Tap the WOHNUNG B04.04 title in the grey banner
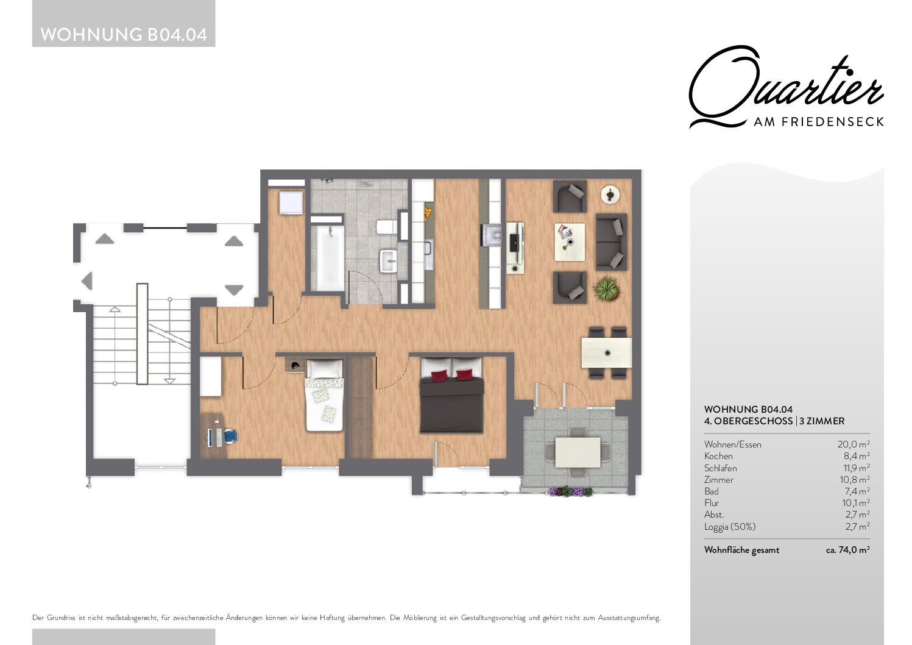click(124, 35)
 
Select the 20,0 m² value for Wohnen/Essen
click(854, 444)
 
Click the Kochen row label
click(718, 457)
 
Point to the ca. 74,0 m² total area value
click(847, 550)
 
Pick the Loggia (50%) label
click(730, 527)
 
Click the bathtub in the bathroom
click(327, 257)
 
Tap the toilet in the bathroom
click(386, 227)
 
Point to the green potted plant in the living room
click(607, 288)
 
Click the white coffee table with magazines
click(570, 242)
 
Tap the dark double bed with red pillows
click(451, 395)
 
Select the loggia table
click(578, 452)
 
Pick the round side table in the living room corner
click(610, 194)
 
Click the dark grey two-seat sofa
click(612, 242)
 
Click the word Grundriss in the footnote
click(61, 618)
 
